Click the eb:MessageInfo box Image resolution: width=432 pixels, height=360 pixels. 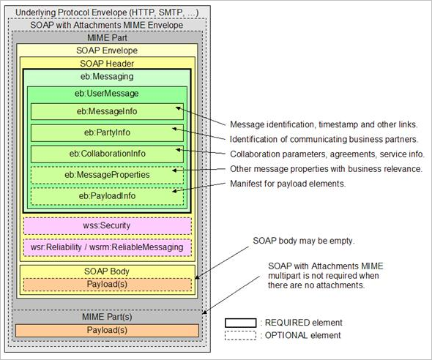tap(107, 111)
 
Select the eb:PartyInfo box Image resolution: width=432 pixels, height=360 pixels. tap(107, 132)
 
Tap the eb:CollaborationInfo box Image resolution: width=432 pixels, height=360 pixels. tap(107, 154)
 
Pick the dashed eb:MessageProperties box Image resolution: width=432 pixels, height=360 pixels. tap(107, 175)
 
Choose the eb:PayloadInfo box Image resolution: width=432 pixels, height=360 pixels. tap(107, 196)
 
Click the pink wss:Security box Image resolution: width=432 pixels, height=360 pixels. tap(108, 226)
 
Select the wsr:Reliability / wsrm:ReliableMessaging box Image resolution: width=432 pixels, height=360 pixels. tap(108, 247)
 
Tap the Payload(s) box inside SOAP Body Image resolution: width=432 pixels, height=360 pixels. tap(108, 285)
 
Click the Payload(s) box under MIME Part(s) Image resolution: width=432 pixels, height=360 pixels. tap(107, 330)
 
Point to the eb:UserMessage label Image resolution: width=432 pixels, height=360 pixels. tap(107, 94)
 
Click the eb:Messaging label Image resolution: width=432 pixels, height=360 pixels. tap(107, 77)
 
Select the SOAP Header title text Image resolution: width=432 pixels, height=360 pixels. tap(107, 64)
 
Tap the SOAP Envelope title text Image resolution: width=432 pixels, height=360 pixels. tap(107, 50)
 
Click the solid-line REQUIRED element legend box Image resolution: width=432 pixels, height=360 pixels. tap(240, 323)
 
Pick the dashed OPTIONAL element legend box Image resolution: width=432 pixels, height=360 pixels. tap(240, 336)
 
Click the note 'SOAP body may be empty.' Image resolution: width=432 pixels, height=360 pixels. tap(304, 241)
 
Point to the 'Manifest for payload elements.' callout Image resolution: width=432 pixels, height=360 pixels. tap(288, 184)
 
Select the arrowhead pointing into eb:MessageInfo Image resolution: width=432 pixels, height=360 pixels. tap(178, 108)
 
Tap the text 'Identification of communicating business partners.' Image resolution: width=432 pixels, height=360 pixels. tap(324, 140)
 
